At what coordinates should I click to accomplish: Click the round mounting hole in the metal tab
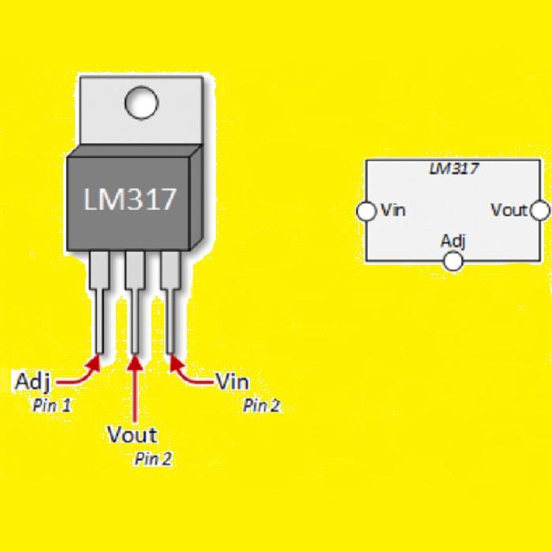tap(141, 103)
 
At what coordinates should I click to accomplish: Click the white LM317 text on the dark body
tap(130, 200)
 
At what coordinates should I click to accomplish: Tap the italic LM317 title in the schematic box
tap(453, 169)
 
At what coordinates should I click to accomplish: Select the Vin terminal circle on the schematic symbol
tap(366, 211)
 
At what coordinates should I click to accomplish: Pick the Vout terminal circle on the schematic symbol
tap(539, 211)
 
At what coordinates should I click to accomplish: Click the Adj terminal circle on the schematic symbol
tap(453, 262)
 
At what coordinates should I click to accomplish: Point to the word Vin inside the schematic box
tap(393, 211)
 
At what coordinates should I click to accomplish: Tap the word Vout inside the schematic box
tap(509, 211)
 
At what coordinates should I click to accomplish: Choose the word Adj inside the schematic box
tap(453, 242)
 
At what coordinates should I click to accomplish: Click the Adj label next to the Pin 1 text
tap(33, 382)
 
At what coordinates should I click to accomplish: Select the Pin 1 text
tap(52, 405)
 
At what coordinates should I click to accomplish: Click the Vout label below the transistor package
tap(132, 435)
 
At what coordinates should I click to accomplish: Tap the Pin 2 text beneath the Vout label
tap(154, 459)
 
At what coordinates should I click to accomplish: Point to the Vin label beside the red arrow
tap(233, 381)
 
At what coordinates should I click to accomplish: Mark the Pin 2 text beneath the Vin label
tap(262, 405)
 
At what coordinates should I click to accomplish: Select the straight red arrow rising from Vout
tap(135, 388)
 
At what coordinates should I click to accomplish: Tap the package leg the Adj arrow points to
tap(99, 302)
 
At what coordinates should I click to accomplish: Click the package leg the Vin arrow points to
tap(170, 302)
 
